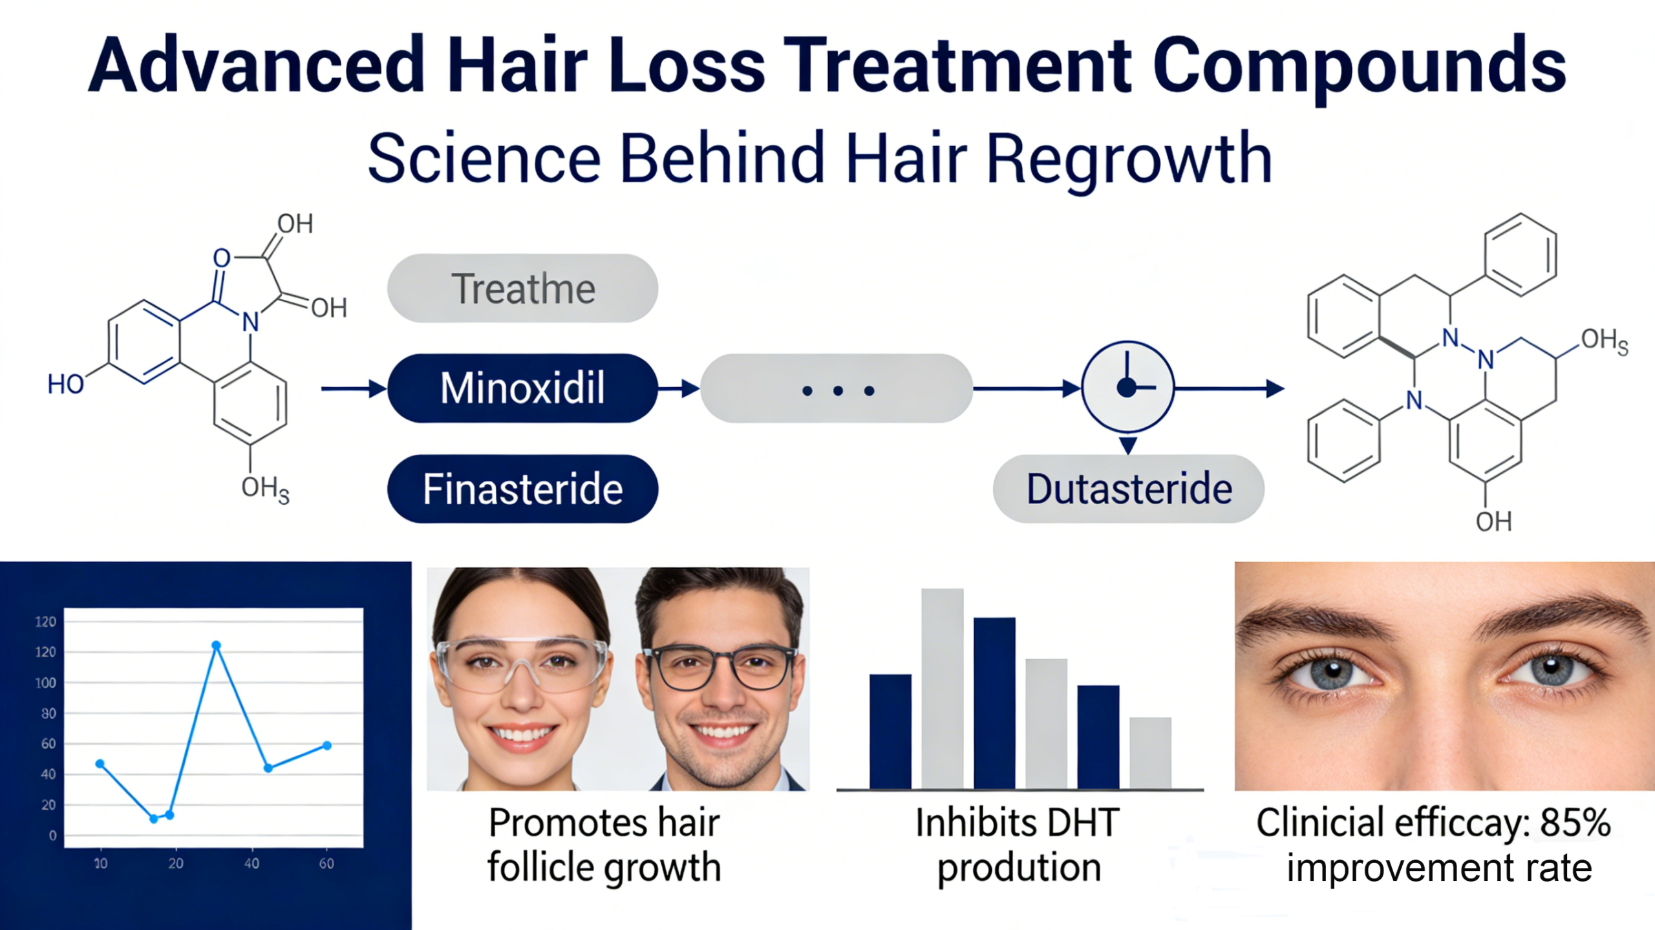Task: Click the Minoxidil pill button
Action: [522, 388]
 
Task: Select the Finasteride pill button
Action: [522, 489]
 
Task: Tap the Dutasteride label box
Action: [1129, 489]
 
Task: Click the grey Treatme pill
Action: [522, 288]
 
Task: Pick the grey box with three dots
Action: [837, 388]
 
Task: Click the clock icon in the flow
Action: [1128, 387]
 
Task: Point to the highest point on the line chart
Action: [217, 646]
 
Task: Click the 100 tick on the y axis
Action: [46, 683]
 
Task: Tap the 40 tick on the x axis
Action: [251, 863]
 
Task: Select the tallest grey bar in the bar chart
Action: [942, 688]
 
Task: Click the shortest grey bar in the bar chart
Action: [1150, 753]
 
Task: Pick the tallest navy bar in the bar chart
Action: [994, 703]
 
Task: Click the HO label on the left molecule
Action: [65, 385]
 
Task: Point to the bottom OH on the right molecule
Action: [1493, 522]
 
